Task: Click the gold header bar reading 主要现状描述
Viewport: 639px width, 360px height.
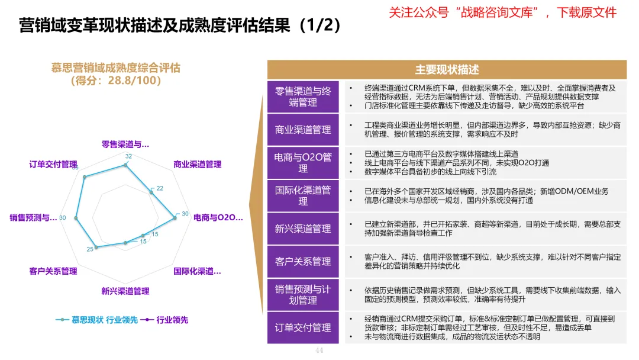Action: pyautogui.click(x=447, y=69)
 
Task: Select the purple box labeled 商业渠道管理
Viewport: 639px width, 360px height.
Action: pyautogui.click(x=303, y=130)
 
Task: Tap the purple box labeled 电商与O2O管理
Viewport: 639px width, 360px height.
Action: pyautogui.click(x=303, y=163)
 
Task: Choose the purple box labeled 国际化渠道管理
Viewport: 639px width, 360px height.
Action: pyautogui.click(x=303, y=196)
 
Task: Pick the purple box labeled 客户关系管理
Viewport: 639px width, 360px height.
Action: pyautogui.click(x=303, y=261)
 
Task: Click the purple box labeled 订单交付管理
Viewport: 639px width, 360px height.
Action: pyautogui.click(x=303, y=327)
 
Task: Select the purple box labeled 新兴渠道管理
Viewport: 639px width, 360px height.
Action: pyautogui.click(x=303, y=229)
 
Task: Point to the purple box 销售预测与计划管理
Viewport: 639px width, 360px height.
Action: pyautogui.click(x=303, y=294)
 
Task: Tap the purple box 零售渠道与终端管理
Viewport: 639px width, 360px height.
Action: pyautogui.click(x=303, y=97)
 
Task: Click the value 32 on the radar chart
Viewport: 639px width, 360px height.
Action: pyautogui.click(x=128, y=157)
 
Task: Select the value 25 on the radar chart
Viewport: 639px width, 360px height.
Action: pyautogui.click(x=90, y=249)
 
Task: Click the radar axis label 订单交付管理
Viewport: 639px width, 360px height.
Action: pyautogui.click(x=53, y=164)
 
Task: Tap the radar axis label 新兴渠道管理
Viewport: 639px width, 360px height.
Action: pyautogui.click(x=125, y=291)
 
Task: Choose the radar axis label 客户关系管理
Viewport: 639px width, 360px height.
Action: pyautogui.click(x=53, y=271)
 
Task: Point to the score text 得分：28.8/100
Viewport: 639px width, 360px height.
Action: pyautogui.click(x=115, y=81)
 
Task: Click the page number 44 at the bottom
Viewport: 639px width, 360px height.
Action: pyautogui.click(x=319, y=351)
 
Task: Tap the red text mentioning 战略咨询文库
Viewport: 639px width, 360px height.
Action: pyautogui.click(x=503, y=12)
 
